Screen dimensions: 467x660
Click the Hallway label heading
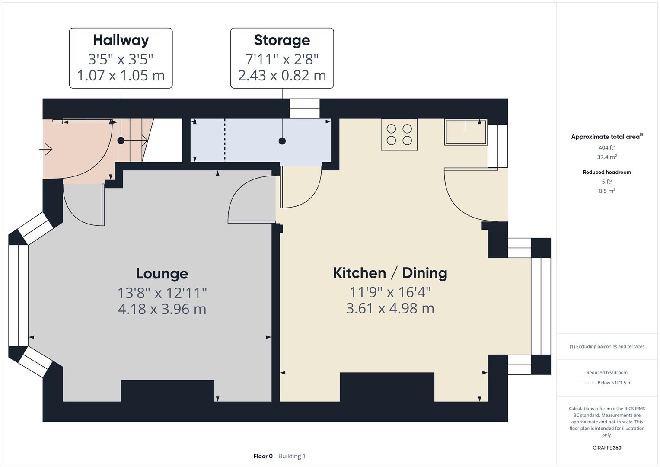click(121, 40)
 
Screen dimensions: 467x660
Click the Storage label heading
click(282, 40)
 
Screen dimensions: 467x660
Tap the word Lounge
click(162, 274)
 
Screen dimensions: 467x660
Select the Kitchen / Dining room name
click(390, 273)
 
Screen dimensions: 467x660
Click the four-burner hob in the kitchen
click(399, 134)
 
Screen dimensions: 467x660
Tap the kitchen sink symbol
click(466, 132)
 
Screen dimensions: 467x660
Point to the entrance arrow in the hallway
click(46, 150)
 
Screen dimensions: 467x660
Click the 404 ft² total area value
click(607, 147)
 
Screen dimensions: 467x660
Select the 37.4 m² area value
click(607, 157)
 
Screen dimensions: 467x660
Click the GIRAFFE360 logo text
click(607, 448)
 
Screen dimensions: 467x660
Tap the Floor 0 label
click(263, 456)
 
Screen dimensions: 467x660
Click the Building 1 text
click(292, 456)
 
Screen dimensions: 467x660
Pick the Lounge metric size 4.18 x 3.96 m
click(162, 309)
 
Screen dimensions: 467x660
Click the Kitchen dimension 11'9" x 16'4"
click(390, 292)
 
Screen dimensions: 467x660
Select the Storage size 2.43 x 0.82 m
click(282, 75)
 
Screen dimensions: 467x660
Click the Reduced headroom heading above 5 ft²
click(607, 172)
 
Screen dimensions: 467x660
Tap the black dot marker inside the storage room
click(282, 141)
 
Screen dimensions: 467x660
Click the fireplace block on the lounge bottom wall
click(167, 390)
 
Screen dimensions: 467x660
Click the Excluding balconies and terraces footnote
click(607, 346)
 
